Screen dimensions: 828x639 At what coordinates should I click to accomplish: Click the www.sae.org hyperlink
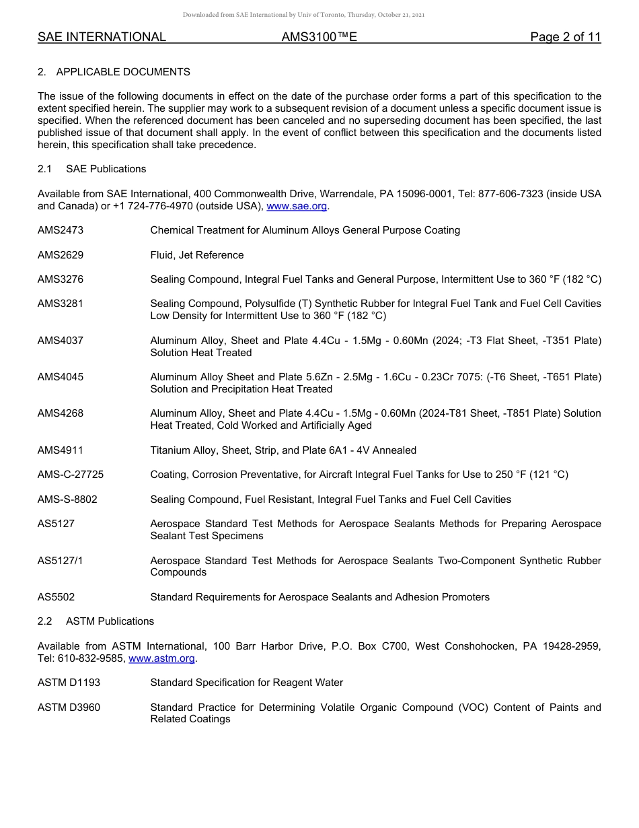(297, 206)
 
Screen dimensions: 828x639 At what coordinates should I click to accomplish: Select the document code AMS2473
(61, 230)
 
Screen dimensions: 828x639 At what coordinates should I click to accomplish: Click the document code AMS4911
(61, 450)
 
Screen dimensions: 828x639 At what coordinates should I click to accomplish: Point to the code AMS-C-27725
(71, 475)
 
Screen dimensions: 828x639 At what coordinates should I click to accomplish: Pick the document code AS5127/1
(61, 560)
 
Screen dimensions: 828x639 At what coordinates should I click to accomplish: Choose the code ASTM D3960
(69, 707)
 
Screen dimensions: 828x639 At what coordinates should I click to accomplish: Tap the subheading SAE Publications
(106, 169)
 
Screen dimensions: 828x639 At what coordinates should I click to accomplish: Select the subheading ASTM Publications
(110, 621)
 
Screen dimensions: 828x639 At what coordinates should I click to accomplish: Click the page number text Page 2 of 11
(565, 38)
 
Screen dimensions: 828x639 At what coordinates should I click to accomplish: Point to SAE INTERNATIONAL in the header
(102, 38)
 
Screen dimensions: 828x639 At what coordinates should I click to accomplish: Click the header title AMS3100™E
(319, 38)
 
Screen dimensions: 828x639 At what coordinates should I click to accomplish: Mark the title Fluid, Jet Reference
(197, 255)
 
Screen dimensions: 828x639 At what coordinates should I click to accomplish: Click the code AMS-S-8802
(67, 499)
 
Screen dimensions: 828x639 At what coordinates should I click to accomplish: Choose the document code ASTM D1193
(69, 683)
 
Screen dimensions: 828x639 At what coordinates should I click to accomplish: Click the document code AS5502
(57, 597)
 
